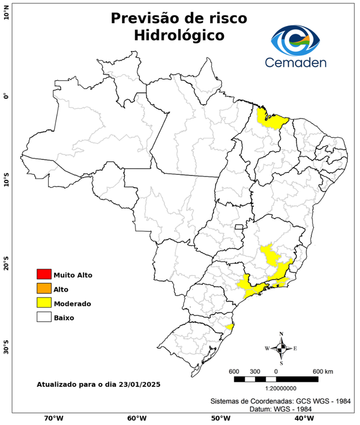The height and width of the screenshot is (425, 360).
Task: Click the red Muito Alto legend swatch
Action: click(x=44, y=274)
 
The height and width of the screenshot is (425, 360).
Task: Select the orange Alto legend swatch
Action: click(x=44, y=289)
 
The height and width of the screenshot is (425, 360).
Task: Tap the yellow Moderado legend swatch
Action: click(x=44, y=303)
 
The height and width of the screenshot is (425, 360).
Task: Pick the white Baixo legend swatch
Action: click(x=44, y=318)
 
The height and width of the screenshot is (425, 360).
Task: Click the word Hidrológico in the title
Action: click(x=179, y=35)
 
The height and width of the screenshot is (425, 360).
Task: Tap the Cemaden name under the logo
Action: click(x=296, y=63)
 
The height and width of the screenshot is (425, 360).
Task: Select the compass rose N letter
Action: click(x=281, y=334)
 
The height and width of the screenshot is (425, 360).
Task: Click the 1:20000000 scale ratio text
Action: click(x=275, y=389)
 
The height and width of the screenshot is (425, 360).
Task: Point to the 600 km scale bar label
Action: click(x=323, y=371)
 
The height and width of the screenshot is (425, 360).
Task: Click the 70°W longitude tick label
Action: click(x=53, y=418)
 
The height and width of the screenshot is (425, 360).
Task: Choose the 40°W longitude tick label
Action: click(x=302, y=418)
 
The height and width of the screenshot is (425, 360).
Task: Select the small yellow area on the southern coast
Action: click(x=229, y=327)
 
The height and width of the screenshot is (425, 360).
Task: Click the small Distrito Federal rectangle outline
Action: click(x=239, y=227)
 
